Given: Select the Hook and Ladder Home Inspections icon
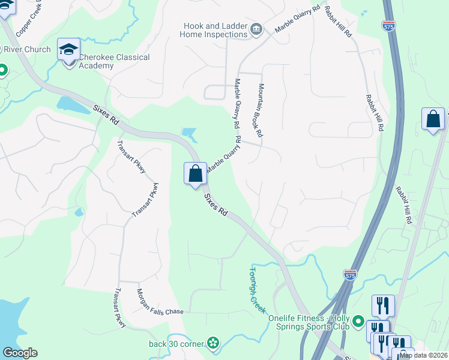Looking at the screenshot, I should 257,29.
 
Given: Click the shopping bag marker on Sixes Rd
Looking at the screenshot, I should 195,174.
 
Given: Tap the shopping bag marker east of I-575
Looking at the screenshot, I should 433,119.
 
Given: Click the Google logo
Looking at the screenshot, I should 20,353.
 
